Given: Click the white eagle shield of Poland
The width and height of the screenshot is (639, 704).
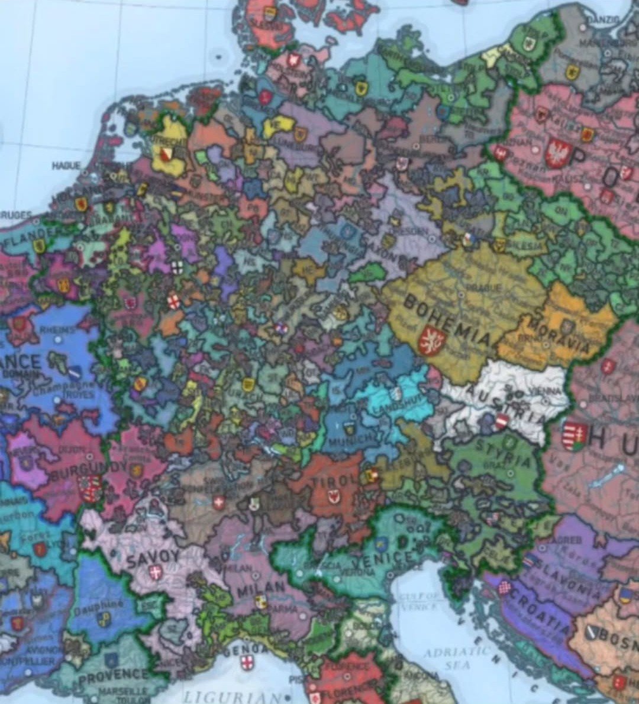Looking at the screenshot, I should point(557,153).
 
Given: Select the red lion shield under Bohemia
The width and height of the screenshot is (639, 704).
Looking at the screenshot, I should point(431,342).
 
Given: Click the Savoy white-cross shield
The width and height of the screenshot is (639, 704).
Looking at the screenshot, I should point(156,572).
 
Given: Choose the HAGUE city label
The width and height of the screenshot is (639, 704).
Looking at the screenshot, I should point(66,166).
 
